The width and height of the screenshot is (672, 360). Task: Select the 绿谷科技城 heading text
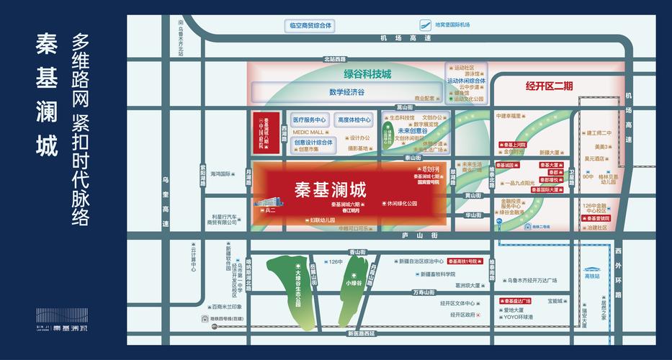click(x=367, y=73)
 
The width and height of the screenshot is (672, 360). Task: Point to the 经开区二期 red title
click(x=549, y=86)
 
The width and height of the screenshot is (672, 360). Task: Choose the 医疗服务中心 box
click(x=309, y=120)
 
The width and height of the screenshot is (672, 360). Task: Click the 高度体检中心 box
click(x=354, y=120)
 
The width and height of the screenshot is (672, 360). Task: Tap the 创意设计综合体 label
click(x=314, y=143)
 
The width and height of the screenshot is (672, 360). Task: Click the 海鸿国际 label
click(x=220, y=174)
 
